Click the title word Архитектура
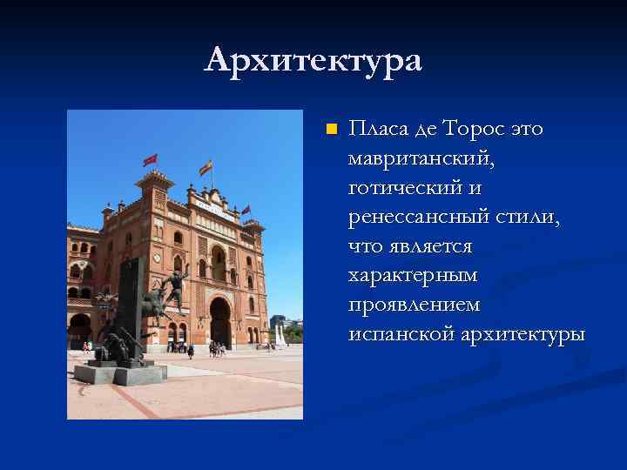(x=313, y=60)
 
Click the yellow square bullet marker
(x=330, y=131)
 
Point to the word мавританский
(x=421, y=159)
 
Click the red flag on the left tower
(x=150, y=160)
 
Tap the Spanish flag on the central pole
(x=206, y=167)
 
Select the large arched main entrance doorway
(x=219, y=322)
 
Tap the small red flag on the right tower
(x=246, y=210)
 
